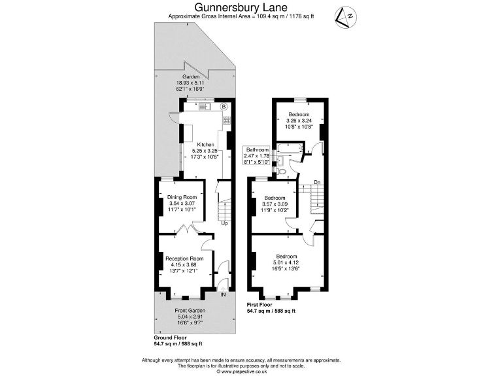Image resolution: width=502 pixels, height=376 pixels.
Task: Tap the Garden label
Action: pyautogui.click(x=191, y=77)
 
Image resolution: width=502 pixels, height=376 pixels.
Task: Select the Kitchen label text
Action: pyautogui.click(x=205, y=144)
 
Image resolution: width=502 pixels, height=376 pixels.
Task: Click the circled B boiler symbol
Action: pyautogui.click(x=224, y=106)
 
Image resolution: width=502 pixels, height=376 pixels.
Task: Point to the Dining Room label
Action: pyautogui.click(x=182, y=197)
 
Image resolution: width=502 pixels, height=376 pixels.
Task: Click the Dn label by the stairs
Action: pyautogui.click(x=317, y=182)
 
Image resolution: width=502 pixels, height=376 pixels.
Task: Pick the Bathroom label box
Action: pyautogui.click(x=257, y=155)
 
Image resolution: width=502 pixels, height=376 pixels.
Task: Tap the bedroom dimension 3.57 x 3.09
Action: pyautogui.click(x=275, y=204)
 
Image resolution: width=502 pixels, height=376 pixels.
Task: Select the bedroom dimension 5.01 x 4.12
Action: pyautogui.click(x=287, y=262)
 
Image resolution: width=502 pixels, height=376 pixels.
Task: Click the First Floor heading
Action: pyautogui.click(x=261, y=305)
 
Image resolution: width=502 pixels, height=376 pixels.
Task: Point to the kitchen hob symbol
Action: pyautogui.click(x=227, y=120)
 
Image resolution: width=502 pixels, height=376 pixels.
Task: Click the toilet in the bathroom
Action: pyautogui.click(x=282, y=171)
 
